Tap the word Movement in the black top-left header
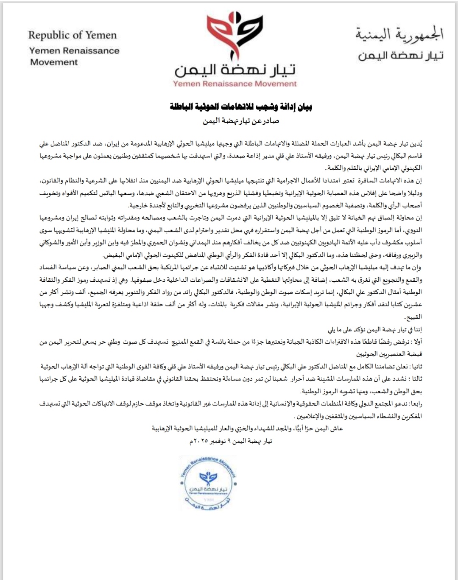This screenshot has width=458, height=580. (x=54, y=62)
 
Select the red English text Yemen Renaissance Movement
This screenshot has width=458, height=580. (x=235, y=84)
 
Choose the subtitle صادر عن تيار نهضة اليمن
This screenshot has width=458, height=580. (x=240, y=121)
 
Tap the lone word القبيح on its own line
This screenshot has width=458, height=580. (x=414, y=317)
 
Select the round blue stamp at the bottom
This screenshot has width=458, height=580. (x=208, y=484)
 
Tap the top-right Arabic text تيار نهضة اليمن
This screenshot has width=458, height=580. (x=400, y=56)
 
